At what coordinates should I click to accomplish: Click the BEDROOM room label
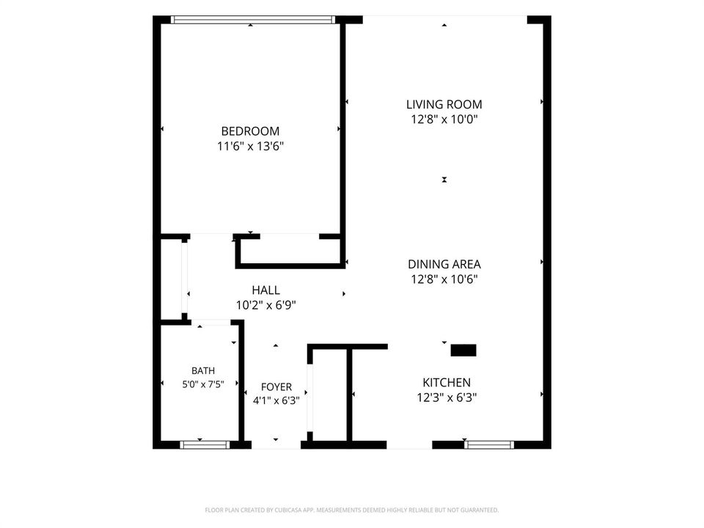click(250, 131)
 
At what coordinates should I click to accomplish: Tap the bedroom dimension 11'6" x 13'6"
click(251, 146)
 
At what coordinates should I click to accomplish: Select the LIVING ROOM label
click(444, 105)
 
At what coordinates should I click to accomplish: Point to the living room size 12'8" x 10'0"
click(444, 120)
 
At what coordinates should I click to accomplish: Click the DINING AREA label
click(444, 265)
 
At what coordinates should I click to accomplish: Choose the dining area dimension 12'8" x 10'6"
click(444, 279)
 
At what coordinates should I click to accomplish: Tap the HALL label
click(265, 290)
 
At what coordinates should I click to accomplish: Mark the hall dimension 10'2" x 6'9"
click(265, 305)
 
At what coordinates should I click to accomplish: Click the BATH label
click(203, 371)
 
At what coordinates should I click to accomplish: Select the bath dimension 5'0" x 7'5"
click(203, 384)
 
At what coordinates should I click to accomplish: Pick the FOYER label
click(276, 387)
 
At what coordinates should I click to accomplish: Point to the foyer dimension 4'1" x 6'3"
click(276, 400)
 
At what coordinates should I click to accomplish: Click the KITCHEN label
click(447, 383)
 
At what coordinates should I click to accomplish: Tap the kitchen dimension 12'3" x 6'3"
click(447, 397)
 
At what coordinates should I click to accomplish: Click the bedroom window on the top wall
click(253, 20)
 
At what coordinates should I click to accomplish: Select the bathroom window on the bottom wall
click(205, 445)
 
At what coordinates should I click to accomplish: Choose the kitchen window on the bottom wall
click(489, 445)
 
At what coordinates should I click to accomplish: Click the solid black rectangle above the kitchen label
click(463, 351)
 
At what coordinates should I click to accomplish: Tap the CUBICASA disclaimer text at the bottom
click(351, 510)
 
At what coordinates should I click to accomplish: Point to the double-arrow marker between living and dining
click(444, 180)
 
